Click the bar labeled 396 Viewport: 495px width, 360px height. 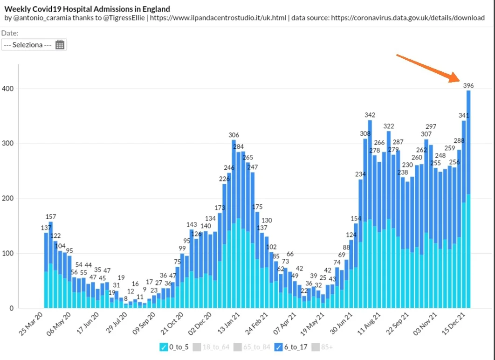(x=468, y=196)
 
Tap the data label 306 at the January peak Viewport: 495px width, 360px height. (x=234, y=135)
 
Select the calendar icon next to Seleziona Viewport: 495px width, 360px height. (x=60, y=45)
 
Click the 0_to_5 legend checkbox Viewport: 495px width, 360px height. (x=163, y=347)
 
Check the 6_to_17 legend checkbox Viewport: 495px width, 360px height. (x=279, y=347)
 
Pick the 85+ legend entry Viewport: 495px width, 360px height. (x=321, y=347)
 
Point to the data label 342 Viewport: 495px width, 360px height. (x=370, y=115)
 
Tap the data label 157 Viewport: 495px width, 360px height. (x=51, y=217)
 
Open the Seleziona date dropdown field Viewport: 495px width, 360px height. (x=28, y=45)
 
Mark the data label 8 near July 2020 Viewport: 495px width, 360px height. (x=125, y=298)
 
